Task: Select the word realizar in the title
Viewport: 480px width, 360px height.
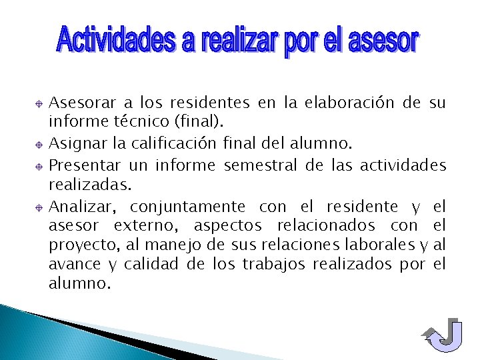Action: [x=240, y=41]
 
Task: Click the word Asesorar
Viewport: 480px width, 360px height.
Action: [x=83, y=103]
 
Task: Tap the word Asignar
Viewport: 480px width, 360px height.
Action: [x=76, y=143]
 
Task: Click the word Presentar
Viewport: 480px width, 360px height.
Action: [x=85, y=165]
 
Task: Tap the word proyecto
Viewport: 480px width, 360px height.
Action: [x=74, y=245]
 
